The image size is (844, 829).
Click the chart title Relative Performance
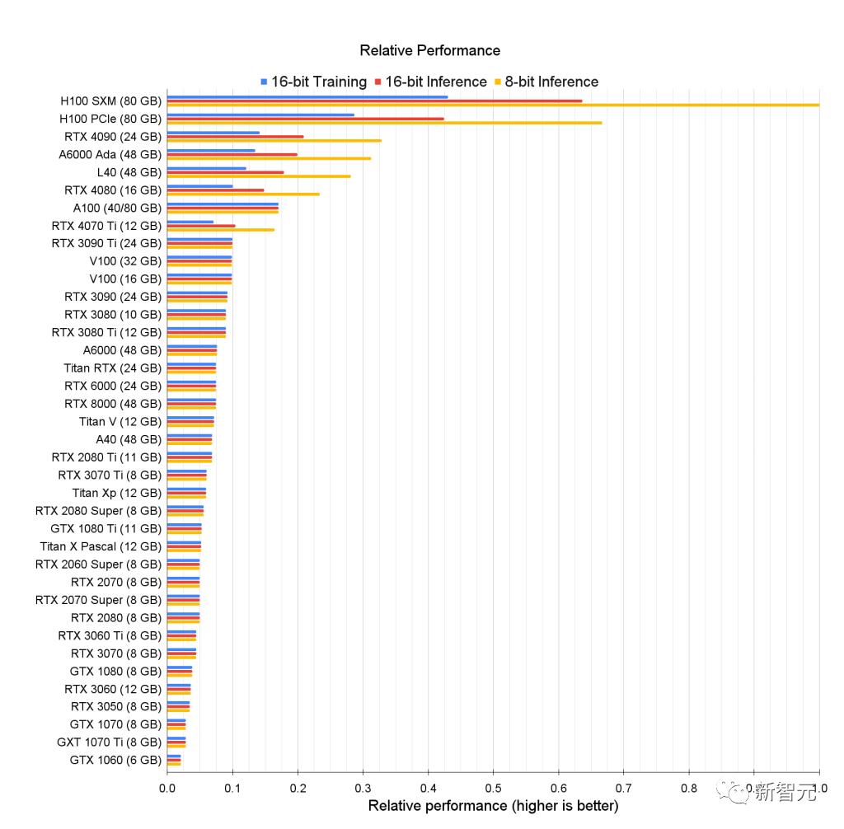tap(429, 50)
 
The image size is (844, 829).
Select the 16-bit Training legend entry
tap(318, 82)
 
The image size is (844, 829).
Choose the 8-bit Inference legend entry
tap(551, 82)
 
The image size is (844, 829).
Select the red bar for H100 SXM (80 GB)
tap(374, 101)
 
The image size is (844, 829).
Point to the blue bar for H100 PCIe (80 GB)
tap(260, 115)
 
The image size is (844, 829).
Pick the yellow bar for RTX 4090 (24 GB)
tap(274, 140)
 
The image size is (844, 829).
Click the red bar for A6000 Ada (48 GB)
tap(232, 154)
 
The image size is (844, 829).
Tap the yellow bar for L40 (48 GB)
tap(259, 176)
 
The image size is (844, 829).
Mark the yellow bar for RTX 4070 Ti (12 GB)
tap(220, 229)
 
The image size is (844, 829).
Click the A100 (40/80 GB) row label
tap(117, 208)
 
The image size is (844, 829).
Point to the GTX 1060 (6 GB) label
tap(115, 760)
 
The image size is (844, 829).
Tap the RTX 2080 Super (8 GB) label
tap(98, 511)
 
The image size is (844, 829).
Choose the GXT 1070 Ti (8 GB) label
tap(109, 742)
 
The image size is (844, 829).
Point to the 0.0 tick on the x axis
tap(167, 788)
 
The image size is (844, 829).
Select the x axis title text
tap(493, 805)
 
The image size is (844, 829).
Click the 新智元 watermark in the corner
tap(784, 792)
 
